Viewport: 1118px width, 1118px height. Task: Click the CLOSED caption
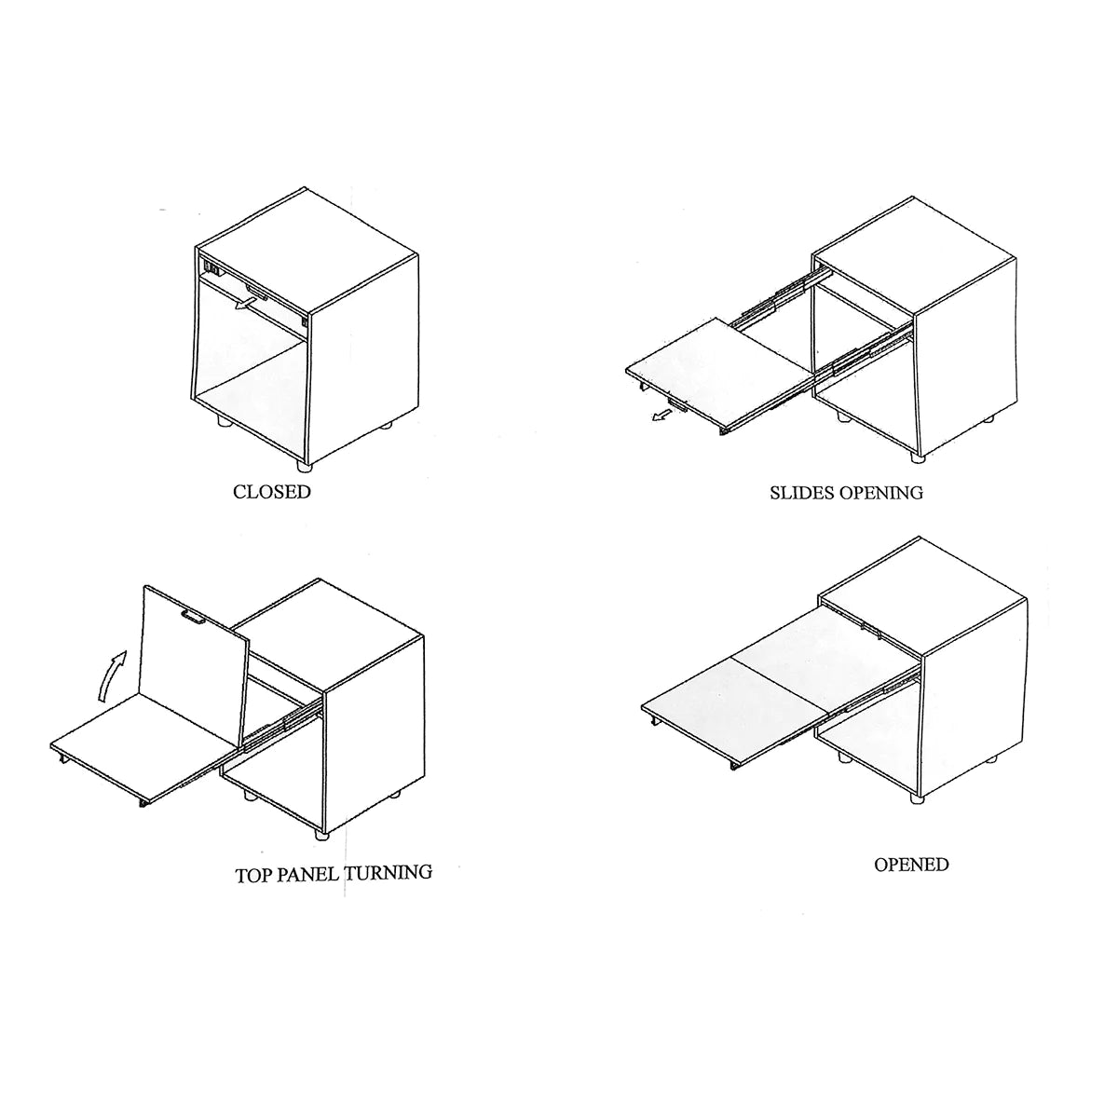271,492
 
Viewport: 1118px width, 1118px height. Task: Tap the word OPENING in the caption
882,493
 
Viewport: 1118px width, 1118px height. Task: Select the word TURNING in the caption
388,889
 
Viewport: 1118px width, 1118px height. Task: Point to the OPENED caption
911,880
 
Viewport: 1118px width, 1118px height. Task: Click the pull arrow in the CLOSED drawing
244,304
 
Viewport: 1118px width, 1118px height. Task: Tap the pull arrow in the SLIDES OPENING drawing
661,415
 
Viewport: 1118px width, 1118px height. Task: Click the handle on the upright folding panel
194,617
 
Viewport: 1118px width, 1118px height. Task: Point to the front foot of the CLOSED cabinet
304,465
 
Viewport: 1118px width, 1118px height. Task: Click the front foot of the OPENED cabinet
917,797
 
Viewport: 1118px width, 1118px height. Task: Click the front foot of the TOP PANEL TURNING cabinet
320,834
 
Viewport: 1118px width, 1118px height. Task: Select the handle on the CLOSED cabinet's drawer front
257,292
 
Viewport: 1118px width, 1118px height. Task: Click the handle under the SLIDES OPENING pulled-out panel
677,403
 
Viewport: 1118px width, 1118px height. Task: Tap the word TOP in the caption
253,893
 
